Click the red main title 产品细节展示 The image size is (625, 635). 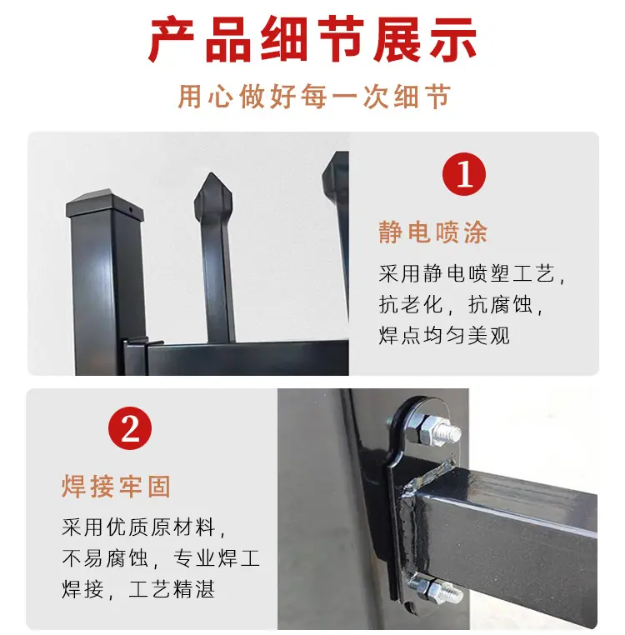coord(312,39)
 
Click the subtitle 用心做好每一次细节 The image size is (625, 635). coord(314,97)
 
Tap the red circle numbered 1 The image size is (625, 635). coord(464,174)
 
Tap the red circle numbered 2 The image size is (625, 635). coord(130,428)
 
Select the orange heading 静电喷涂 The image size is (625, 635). coord(433,232)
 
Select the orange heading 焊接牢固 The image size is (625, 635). coord(117,486)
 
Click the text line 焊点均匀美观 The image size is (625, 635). coord(444,335)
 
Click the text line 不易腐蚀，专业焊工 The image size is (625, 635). coord(161,558)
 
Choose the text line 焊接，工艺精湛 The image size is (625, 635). coord(138,589)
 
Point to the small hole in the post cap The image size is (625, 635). coord(131,210)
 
